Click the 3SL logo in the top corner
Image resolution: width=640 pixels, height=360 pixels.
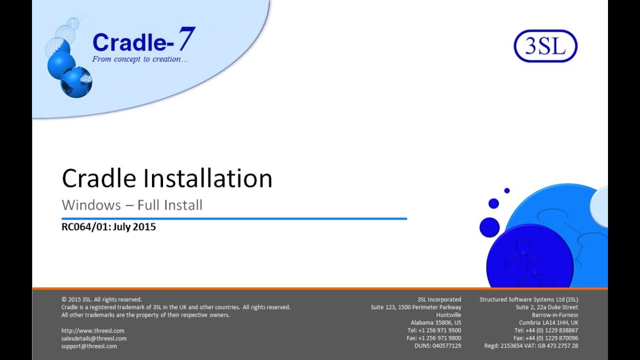tap(545, 46)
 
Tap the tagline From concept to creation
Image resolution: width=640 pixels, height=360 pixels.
tap(140, 59)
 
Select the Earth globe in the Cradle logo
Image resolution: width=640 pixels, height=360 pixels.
tap(76, 82)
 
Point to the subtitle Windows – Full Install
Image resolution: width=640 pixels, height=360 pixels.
tap(132, 205)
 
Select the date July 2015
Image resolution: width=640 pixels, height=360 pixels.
tap(134, 227)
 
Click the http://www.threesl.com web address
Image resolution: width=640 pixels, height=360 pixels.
tap(93, 330)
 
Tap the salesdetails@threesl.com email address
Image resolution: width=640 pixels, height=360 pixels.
tap(94, 338)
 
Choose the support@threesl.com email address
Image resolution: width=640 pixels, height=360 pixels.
tap(89, 346)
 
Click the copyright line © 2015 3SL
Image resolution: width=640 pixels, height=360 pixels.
tap(101, 299)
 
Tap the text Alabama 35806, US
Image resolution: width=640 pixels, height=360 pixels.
tap(436, 322)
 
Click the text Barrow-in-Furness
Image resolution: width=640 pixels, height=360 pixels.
tap(555, 315)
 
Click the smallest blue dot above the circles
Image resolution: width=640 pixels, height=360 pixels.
tap(506, 190)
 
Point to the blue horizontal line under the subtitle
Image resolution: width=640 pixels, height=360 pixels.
tap(234, 218)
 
